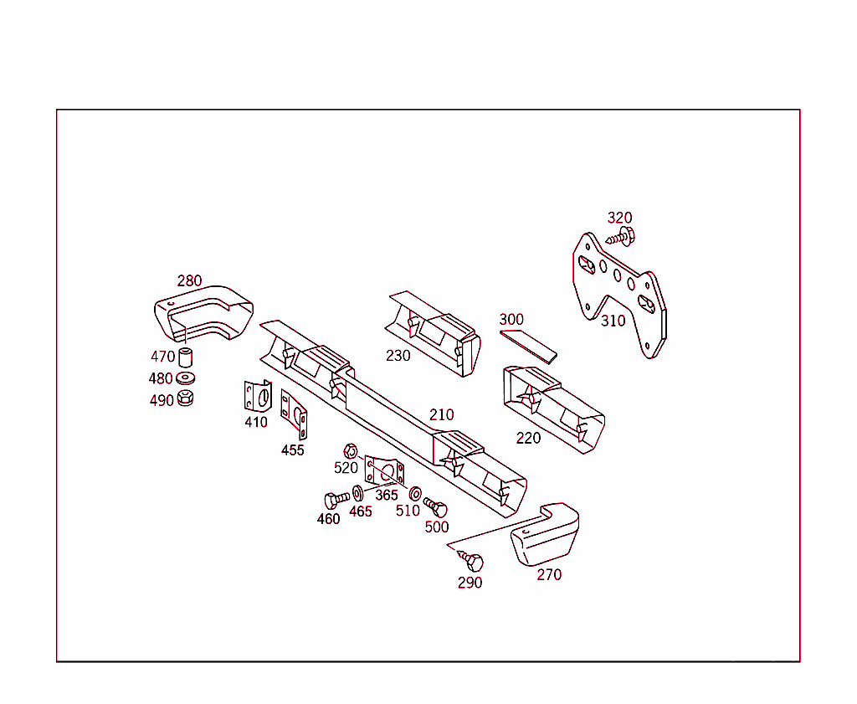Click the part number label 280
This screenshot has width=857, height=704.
(190, 281)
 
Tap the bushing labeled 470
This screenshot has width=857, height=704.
(185, 357)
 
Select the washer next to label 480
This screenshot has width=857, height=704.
(186, 378)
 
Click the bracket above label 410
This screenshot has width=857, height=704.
(258, 396)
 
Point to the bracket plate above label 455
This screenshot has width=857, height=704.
(294, 414)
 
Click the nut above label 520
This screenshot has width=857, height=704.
(351, 451)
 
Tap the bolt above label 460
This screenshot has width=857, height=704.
(336, 500)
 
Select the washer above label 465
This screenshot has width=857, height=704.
(358, 494)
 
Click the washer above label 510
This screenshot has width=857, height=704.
(415, 494)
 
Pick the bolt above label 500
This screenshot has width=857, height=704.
(435, 507)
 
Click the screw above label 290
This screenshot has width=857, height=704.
(470, 560)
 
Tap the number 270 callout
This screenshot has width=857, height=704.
(549, 575)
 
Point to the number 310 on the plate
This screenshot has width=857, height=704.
(613, 321)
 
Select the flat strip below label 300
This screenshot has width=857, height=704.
(529, 347)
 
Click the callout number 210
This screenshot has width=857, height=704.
(442, 415)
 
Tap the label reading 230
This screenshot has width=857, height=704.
(398, 356)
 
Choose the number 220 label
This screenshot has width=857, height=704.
(529, 439)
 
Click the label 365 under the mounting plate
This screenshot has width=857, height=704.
(387, 496)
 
